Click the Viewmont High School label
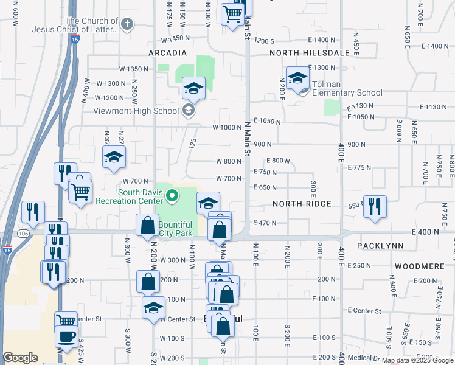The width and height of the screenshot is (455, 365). (x=136, y=111)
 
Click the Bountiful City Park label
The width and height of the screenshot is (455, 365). (x=175, y=229)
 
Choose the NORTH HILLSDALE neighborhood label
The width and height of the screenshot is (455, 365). (x=310, y=53)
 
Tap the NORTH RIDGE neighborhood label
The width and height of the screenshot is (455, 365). (x=302, y=204)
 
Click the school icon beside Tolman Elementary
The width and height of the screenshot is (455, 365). (x=298, y=78)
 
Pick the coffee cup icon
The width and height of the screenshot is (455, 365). (x=66, y=336)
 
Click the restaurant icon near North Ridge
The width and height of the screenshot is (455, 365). (x=375, y=206)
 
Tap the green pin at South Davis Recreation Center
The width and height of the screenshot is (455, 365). (x=172, y=196)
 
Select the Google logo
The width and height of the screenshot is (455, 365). (x=20, y=358)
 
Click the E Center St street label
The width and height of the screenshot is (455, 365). (x=364, y=311)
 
